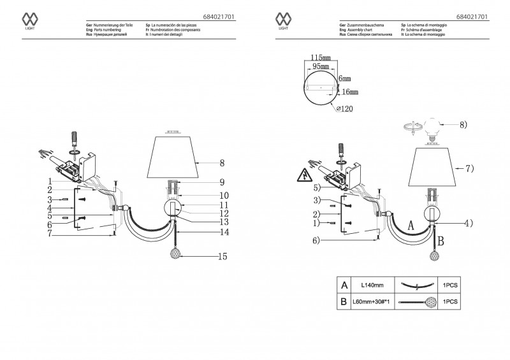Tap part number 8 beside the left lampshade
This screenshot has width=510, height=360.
tap(222, 162)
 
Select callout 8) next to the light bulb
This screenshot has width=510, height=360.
tap(462, 125)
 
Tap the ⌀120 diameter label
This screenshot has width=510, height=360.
tap(344, 108)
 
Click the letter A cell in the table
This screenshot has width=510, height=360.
tap(344, 285)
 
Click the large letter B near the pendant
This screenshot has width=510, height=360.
tap(441, 240)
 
